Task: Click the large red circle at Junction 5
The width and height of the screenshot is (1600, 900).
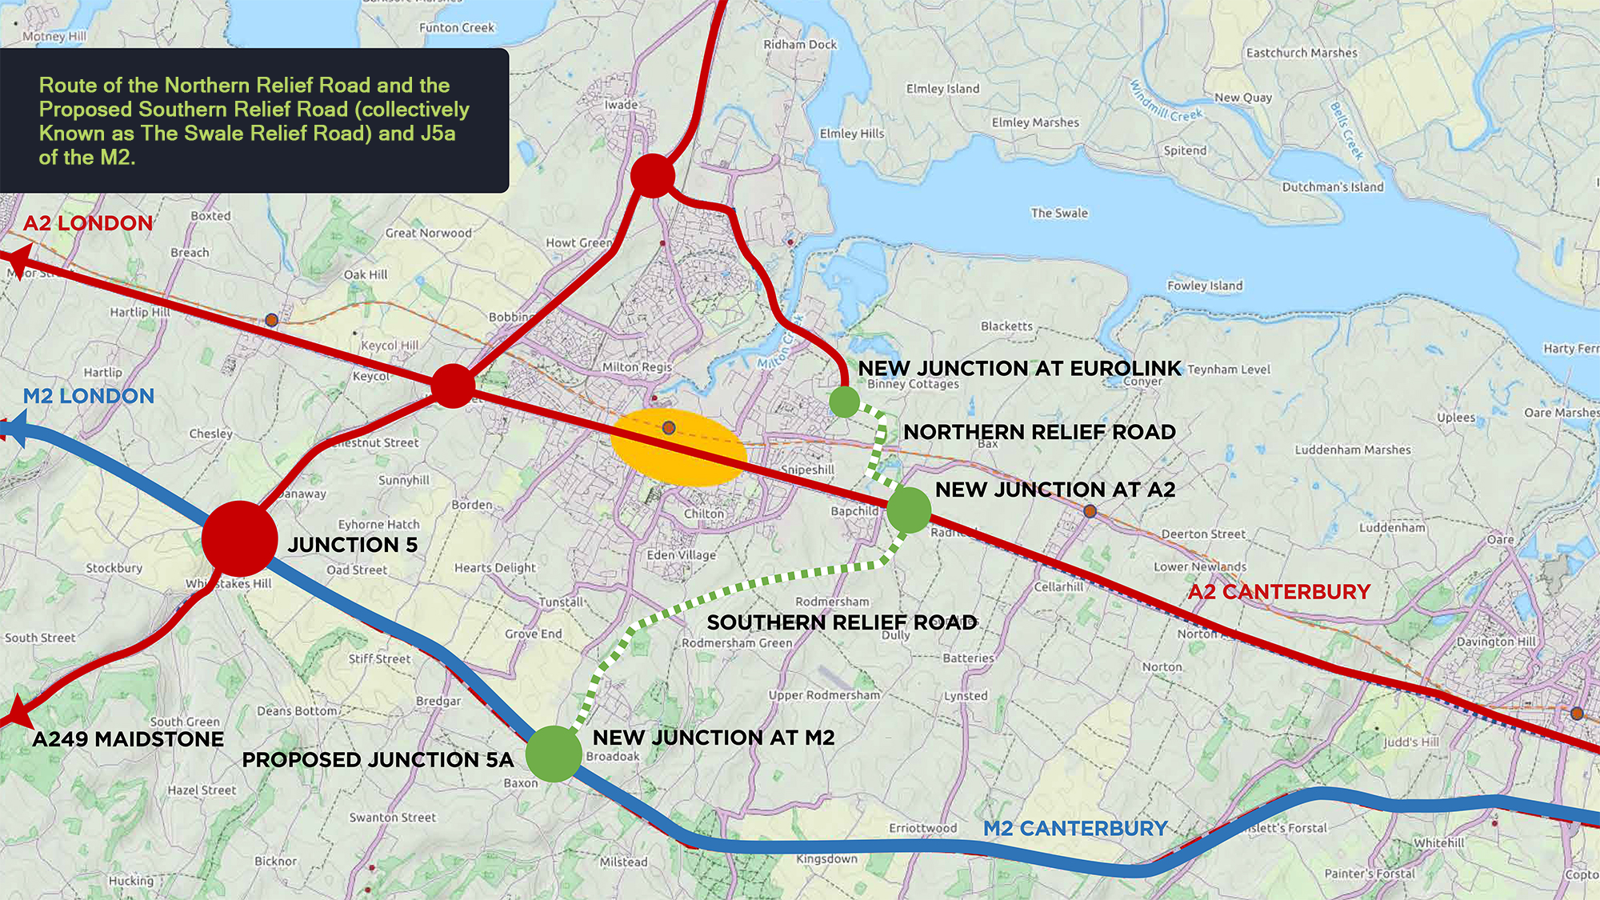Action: click(x=239, y=538)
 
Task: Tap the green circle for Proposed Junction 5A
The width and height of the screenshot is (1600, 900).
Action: click(x=554, y=754)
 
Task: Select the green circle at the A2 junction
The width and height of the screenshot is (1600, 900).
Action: click(x=909, y=510)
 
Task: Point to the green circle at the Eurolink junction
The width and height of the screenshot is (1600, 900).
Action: click(x=844, y=402)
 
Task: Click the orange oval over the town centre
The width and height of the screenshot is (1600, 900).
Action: click(x=678, y=448)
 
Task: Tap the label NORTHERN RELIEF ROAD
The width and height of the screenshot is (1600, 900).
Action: click(x=1039, y=432)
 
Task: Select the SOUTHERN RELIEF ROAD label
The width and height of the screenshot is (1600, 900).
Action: click(x=842, y=622)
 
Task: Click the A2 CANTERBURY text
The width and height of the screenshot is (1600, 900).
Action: click(x=1278, y=592)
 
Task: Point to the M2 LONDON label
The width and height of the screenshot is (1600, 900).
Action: click(x=89, y=396)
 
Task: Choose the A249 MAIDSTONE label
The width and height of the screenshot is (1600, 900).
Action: click(x=128, y=739)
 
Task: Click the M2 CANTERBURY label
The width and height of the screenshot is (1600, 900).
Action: click(x=1075, y=828)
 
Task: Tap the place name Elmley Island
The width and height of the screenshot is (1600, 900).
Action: click(x=942, y=89)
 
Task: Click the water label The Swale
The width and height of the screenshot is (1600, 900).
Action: click(x=1059, y=213)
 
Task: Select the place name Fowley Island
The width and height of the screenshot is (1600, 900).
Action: click(x=1205, y=286)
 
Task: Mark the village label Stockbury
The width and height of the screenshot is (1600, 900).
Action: click(x=114, y=568)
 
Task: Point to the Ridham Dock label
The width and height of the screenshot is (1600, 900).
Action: click(x=800, y=44)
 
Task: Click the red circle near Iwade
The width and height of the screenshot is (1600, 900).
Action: click(x=653, y=176)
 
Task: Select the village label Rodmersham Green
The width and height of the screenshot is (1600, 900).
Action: click(x=737, y=642)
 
